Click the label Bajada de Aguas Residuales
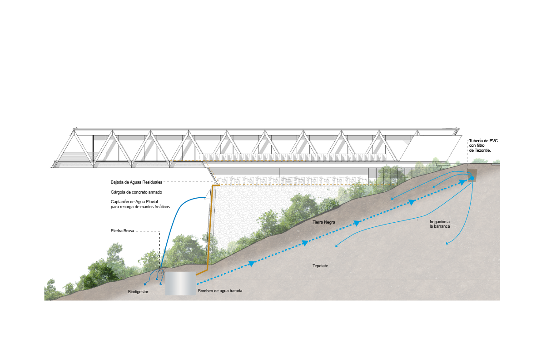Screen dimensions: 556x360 (x=136, y=182)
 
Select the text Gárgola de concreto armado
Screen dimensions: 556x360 (x=136, y=192)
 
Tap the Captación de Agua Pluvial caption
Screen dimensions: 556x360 (x=141, y=204)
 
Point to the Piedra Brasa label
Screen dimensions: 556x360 (x=122, y=231)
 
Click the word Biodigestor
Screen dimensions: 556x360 (x=138, y=292)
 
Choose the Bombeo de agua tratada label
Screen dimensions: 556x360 (x=220, y=291)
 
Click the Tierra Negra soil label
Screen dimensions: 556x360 (x=324, y=222)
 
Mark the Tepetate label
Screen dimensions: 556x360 (x=320, y=266)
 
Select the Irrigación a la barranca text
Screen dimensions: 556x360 (x=440, y=224)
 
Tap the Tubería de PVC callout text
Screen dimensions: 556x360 (x=483, y=145)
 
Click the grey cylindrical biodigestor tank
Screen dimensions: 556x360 (x=180, y=284)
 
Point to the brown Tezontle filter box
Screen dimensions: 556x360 (x=472, y=175)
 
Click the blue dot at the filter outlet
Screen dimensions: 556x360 (x=472, y=178)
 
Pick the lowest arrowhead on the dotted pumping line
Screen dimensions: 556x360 (x=252, y=264)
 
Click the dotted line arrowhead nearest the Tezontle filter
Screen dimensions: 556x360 (x=462, y=183)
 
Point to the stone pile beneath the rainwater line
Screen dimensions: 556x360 (x=161, y=271)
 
